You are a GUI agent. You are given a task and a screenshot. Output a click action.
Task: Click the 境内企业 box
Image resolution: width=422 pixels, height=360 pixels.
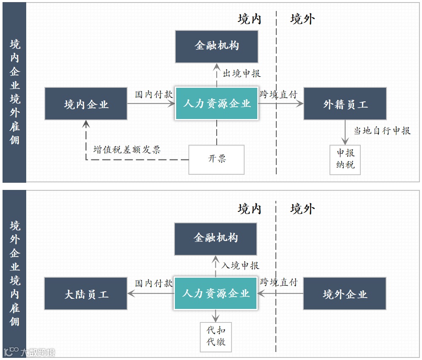tap(86, 104)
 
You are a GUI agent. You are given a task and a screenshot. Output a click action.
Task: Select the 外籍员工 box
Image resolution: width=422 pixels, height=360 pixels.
tap(345, 104)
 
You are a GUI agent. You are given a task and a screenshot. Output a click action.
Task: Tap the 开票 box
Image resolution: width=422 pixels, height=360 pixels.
tap(216, 159)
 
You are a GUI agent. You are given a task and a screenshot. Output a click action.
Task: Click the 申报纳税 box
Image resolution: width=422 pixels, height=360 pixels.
tap(345, 159)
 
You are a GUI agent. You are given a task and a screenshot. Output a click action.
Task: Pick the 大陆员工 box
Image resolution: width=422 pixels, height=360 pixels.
tap(86, 294)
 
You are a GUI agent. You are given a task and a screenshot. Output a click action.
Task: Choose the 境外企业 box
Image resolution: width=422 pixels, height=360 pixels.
tap(345, 294)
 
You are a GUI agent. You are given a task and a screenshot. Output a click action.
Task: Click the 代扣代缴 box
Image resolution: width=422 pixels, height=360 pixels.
tap(216, 336)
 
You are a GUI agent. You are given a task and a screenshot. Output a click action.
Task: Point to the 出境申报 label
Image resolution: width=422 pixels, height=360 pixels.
tap(242, 73)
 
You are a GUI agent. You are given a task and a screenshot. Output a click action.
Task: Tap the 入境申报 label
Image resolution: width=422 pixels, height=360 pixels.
tap(240, 265)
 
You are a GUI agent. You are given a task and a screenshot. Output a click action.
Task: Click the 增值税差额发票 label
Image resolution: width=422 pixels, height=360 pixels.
tap(127, 149)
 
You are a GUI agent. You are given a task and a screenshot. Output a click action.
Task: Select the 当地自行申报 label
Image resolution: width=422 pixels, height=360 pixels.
tap(382, 131)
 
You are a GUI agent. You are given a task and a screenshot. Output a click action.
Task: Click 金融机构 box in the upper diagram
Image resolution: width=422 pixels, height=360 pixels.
tap(216, 46)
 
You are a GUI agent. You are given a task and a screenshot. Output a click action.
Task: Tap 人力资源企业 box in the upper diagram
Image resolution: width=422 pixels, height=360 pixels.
tap(216, 104)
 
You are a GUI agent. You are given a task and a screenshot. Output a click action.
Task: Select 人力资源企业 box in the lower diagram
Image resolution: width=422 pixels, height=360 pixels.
tap(216, 294)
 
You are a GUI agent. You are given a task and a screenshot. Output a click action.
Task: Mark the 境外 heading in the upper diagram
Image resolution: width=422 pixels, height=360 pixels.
tap(302, 19)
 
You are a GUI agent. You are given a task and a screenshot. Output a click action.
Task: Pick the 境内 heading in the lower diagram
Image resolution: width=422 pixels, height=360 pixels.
tap(249, 209)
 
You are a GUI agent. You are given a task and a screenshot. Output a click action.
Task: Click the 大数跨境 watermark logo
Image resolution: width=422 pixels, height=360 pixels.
tap(30, 352)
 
